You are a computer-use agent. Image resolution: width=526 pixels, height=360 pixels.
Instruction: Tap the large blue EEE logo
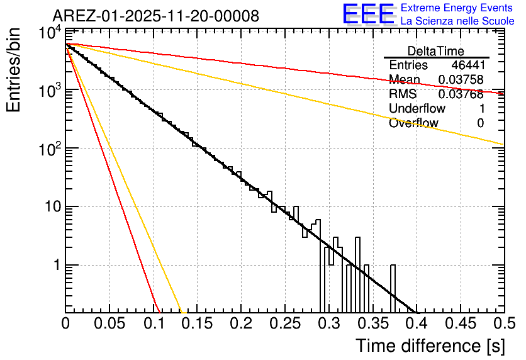[368, 14]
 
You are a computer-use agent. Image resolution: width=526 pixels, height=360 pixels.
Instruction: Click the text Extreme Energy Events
[457, 8]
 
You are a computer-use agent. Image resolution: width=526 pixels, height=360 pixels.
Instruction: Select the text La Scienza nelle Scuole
[457, 21]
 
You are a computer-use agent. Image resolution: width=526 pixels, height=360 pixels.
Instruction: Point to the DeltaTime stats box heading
[436, 51]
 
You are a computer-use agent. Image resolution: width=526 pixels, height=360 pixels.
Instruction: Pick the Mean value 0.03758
[461, 80]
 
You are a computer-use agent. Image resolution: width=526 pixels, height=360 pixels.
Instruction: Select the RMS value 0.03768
[461, 94]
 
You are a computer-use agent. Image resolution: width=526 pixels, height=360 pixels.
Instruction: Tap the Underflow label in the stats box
[417, 109]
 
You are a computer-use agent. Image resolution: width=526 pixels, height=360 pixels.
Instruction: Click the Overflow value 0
[480, 123]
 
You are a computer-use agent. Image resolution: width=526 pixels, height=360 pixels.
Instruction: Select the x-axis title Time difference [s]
[429, 346]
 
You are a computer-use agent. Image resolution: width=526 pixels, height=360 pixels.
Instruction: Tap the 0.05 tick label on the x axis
[109, 323]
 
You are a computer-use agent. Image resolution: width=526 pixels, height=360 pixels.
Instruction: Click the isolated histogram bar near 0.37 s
[393, 288]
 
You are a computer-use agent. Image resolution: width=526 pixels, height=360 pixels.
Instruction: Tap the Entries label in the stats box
[408, 65]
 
